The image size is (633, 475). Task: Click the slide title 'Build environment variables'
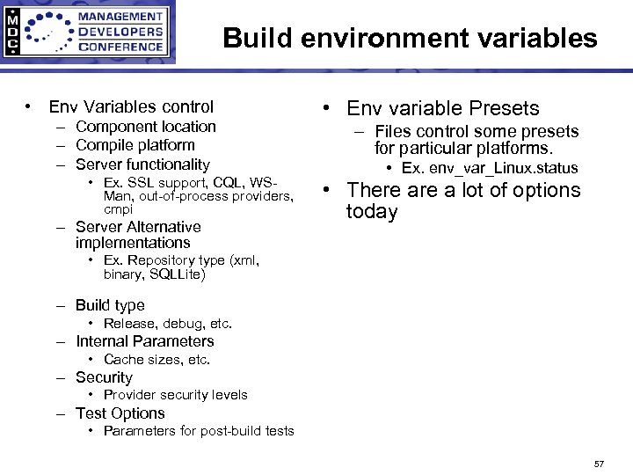410,39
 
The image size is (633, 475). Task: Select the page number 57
599,463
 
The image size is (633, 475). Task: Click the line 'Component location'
145,127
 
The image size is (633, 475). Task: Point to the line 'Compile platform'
135,145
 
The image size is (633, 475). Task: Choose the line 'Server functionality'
142,164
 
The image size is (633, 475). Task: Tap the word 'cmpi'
119,209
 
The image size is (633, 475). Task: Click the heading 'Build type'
110,305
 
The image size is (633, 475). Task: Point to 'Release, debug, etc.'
168,324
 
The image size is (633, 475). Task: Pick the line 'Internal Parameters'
144,341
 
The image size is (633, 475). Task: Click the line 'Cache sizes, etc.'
156,360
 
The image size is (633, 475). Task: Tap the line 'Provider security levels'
175,395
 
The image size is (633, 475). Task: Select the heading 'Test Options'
120,413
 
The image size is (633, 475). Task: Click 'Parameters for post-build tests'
199,431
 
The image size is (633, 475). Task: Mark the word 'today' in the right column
372,212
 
